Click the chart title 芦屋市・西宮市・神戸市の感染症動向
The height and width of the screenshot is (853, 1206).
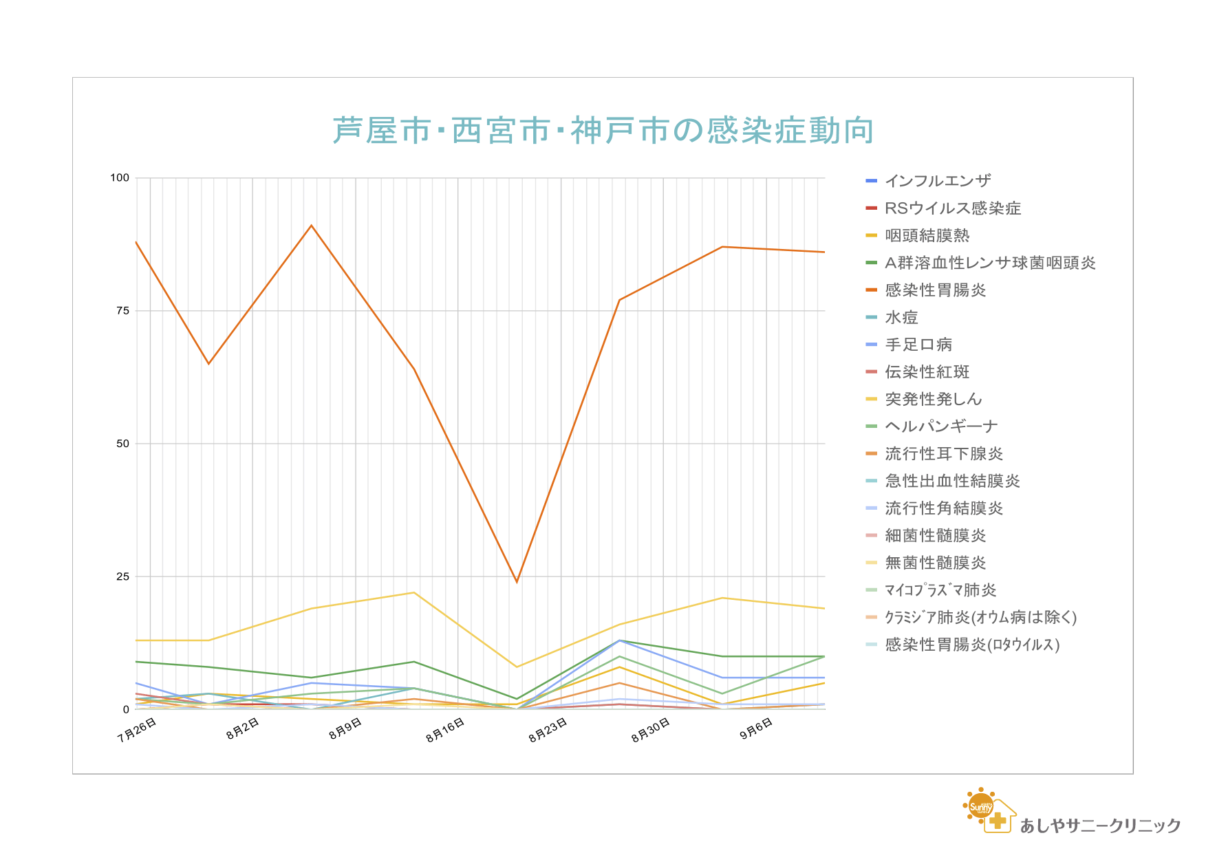603,131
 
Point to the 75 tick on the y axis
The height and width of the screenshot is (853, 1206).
122,311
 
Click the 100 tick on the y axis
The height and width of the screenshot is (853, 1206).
120,178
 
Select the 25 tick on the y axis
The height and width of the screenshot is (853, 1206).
122,576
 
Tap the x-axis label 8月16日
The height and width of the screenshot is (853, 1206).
445,730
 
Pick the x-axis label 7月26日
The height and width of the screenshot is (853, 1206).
137,730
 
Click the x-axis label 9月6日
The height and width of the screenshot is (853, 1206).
756,728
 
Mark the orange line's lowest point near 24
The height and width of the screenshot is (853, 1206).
517,582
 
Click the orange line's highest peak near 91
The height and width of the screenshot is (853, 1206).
312,226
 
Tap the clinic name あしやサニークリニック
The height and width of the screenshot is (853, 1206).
1100,825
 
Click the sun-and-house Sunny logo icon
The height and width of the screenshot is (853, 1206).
989,810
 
